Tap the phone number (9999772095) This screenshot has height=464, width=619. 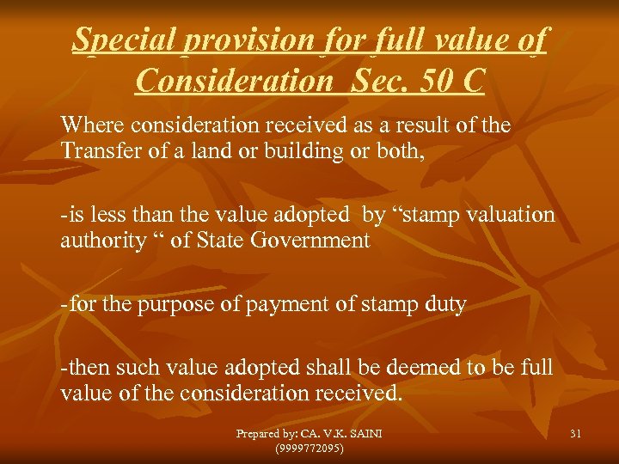309,449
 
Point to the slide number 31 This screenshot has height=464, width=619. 574,434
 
